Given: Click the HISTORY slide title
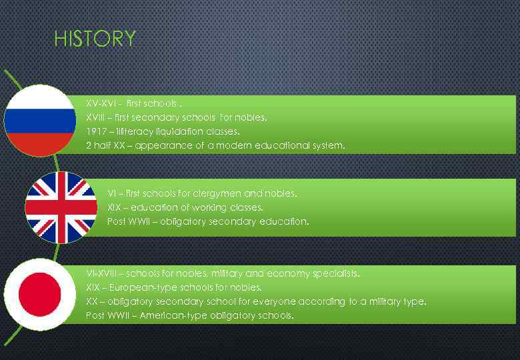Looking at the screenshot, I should [95, 39].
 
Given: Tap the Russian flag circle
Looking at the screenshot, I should [40, 121].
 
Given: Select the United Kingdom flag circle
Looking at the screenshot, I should [61, 207].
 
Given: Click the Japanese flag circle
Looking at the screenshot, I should [40, 294].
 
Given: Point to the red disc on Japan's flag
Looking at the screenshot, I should [40, 294].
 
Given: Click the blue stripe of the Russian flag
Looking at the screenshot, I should [40, 121].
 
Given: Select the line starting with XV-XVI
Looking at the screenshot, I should [133, 104].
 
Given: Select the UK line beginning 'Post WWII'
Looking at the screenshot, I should [208, 221].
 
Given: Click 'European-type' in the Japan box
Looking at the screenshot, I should [143, 287].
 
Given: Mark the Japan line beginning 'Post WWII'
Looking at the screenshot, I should [189, 315].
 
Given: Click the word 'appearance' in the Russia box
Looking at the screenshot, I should [165, 145].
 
